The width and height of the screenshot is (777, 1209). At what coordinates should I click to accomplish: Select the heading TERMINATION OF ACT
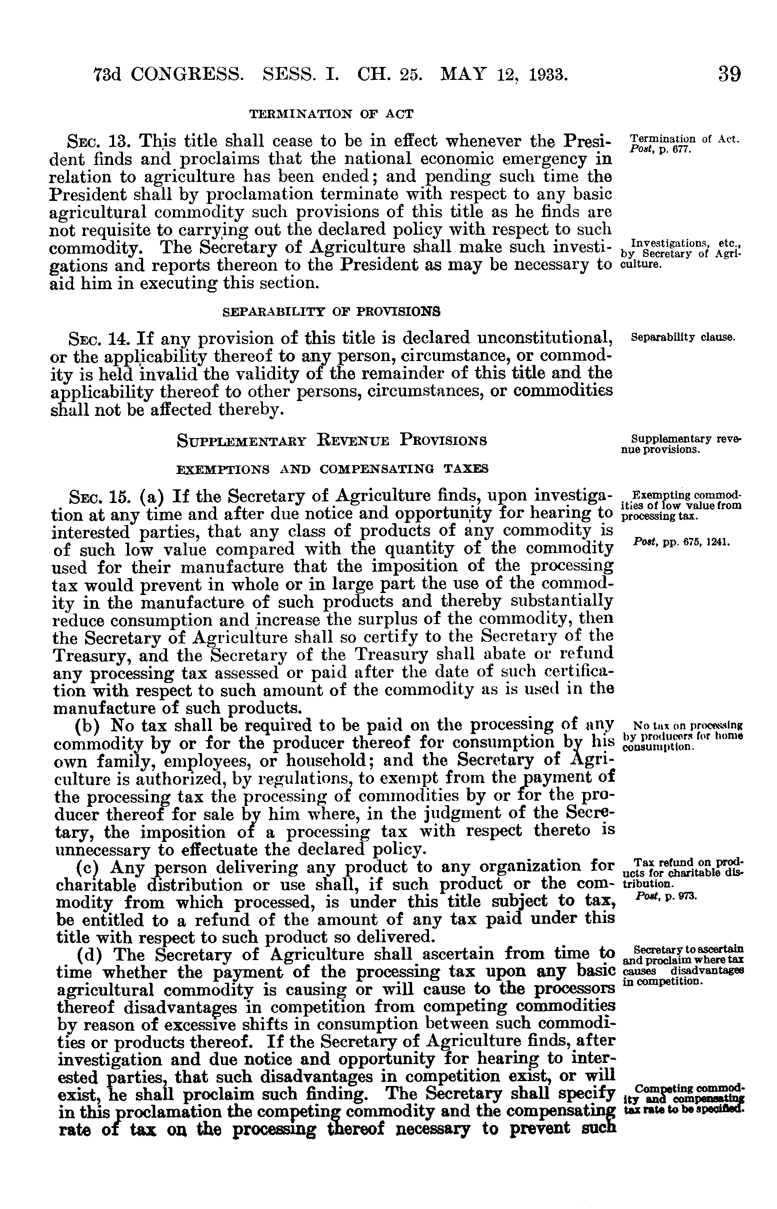click(x=331, y=114)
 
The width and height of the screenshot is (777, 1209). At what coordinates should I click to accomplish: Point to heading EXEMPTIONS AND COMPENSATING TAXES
click(x=331, y=469)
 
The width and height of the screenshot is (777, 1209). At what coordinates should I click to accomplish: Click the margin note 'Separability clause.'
click(x=683, y=337)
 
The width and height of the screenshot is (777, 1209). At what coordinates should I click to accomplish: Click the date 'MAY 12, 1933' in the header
click(x=504, y=75)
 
